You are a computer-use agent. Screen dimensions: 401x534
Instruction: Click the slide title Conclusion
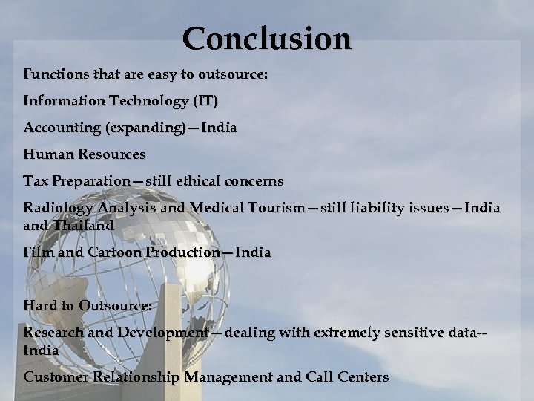266,38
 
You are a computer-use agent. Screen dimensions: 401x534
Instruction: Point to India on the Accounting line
220,127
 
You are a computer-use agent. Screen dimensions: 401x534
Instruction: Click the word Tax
35,180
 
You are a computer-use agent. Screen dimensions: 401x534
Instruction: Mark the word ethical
196,180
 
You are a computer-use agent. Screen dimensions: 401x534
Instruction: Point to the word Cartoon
116,252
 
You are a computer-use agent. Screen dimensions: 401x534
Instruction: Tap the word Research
53,333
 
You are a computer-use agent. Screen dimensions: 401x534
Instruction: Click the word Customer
56,376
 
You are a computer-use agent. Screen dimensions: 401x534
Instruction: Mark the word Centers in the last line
363,376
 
